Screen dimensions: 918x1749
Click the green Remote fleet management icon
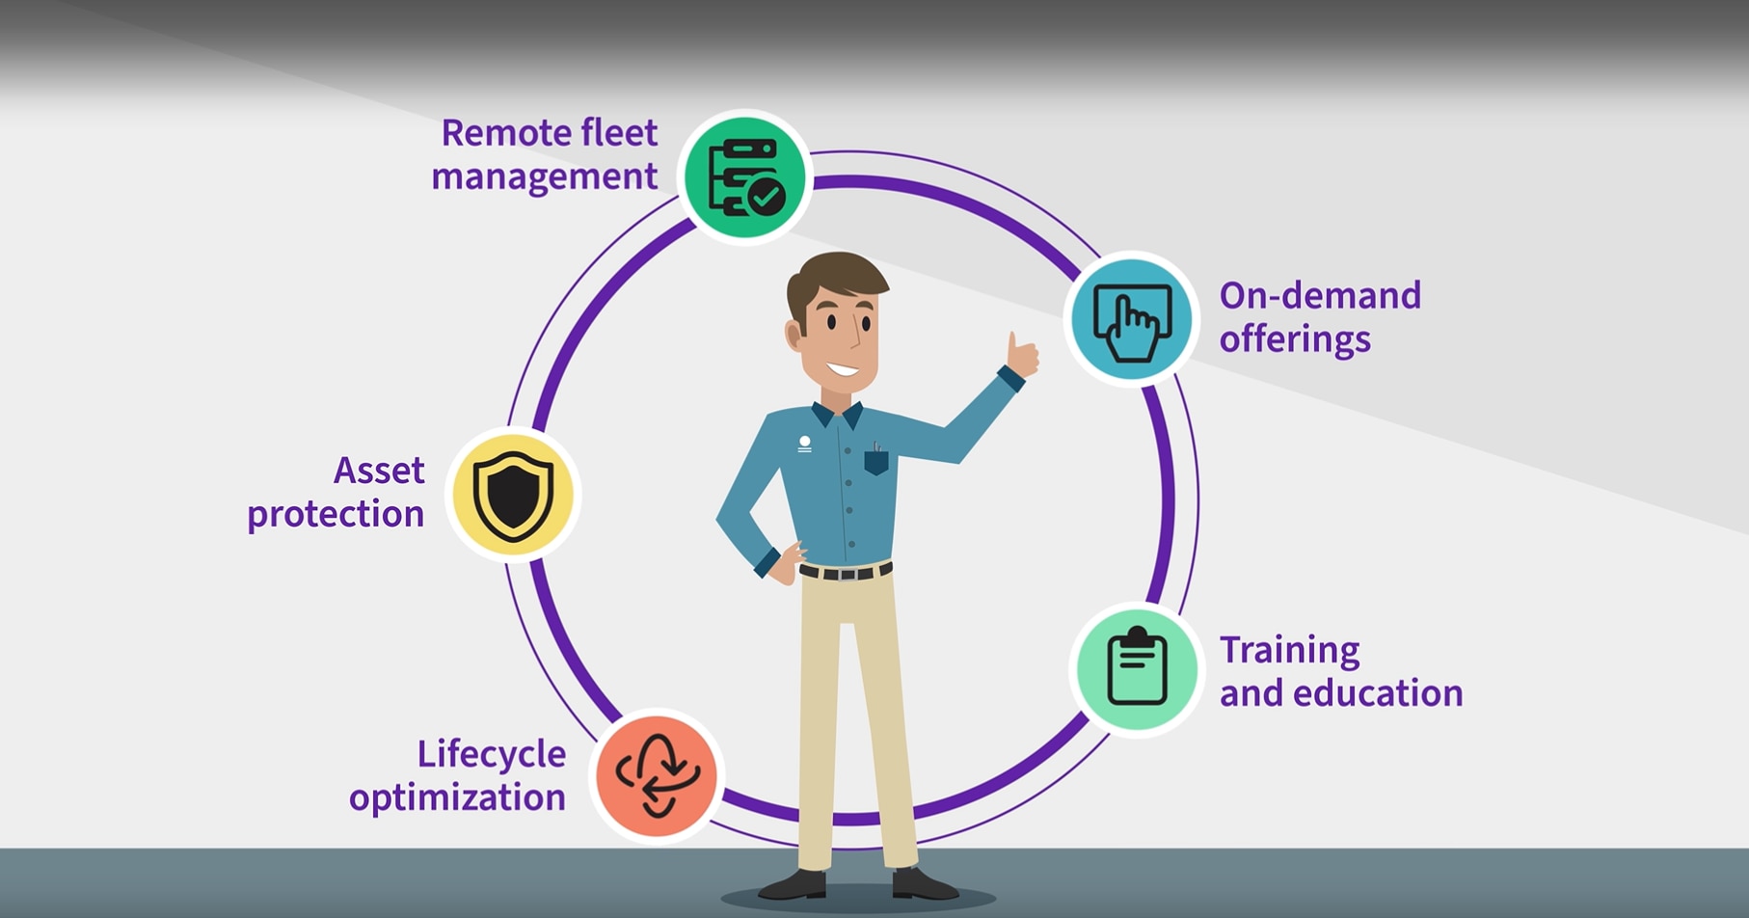[745, 177]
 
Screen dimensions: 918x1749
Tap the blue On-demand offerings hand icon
[1132, 319]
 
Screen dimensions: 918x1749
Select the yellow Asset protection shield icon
[513, 494]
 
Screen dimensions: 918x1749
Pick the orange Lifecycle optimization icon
[658, 776]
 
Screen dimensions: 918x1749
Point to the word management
[544, 177]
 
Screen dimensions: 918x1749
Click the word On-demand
[1319, 296]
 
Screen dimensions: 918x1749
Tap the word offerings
[1294, 339]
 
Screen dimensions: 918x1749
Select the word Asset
[379, 471]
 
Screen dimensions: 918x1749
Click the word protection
[336, 515]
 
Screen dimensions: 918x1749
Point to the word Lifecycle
[491, 754]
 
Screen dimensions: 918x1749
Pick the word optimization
[457, 798]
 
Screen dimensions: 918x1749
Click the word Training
[1289, 651]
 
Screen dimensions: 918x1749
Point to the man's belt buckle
[847, 574]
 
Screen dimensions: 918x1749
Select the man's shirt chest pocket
[875, 461]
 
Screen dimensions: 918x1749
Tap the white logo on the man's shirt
[804, 444]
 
